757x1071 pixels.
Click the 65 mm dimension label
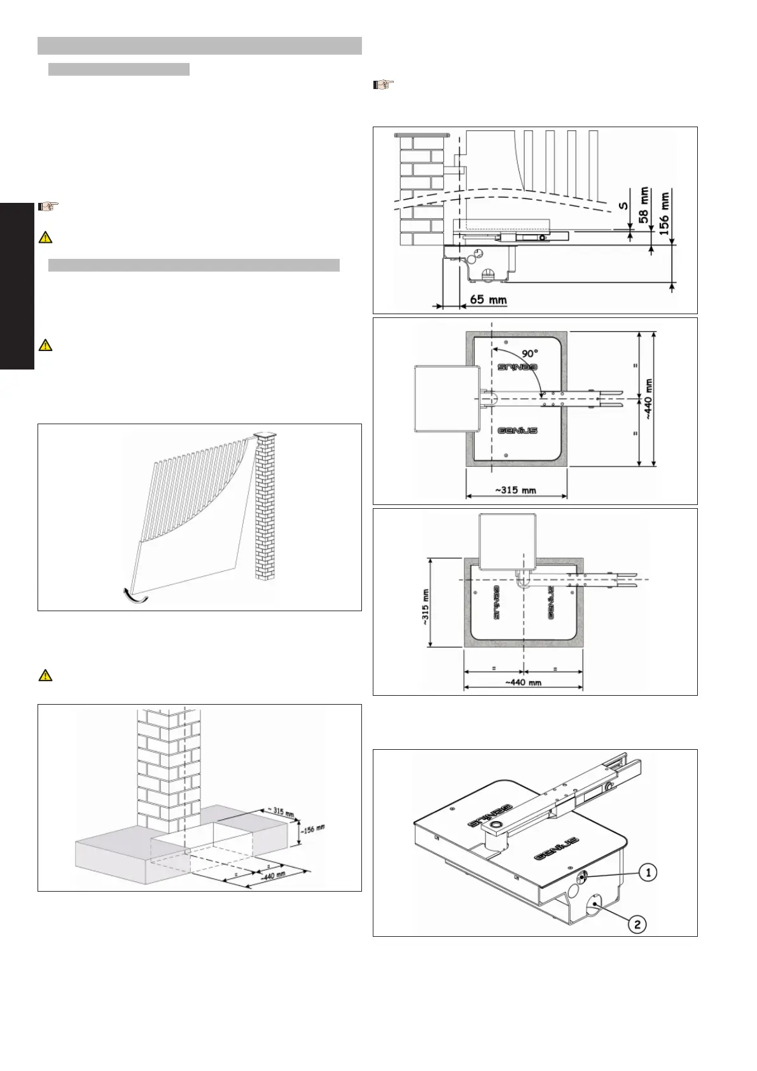tap(488, 298)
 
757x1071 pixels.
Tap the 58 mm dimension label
tap(645, 204)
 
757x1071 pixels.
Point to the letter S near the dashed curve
tap(623, 205)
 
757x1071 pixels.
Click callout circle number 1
tap(648, 873)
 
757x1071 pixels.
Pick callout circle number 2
tap(638, 923)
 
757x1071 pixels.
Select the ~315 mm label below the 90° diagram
tap(515, 490)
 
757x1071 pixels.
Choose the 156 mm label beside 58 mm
tap(665, 215)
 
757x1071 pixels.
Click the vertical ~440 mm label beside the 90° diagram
tap(649, 399)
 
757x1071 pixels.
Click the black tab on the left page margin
tap(17, 286)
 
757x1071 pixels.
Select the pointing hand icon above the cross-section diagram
tap(384, 83)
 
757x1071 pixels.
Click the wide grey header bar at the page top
tap(199, 46)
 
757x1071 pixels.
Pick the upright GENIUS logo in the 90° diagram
tap(517, 431)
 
